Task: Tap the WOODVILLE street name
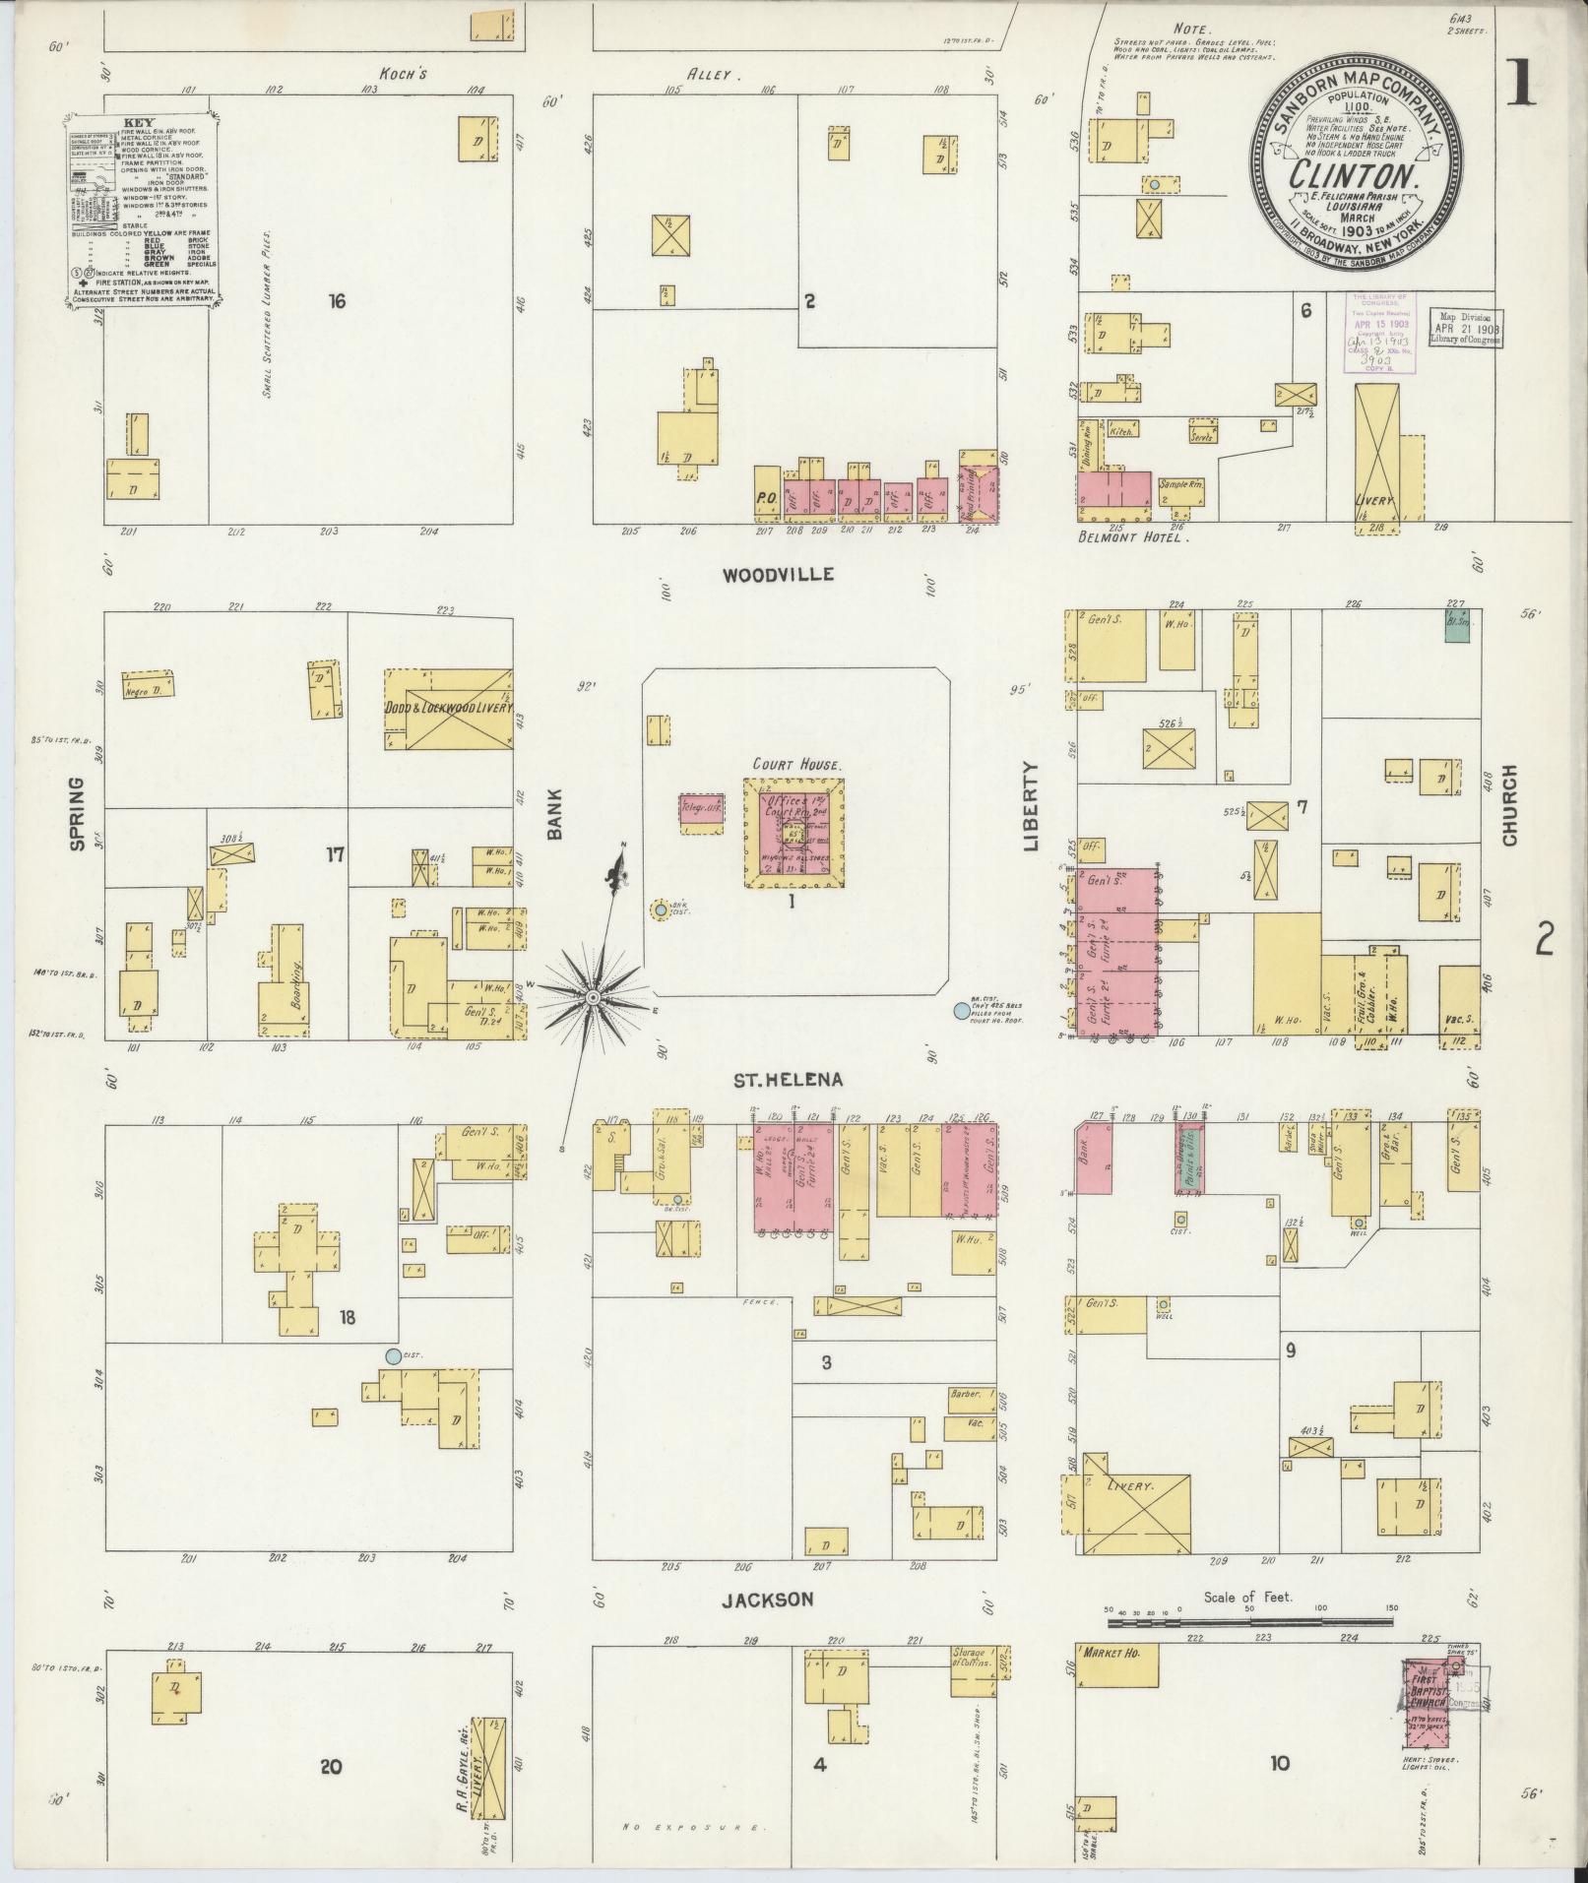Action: pyautogui.click(x=778, y=574)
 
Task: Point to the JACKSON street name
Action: pyautogui.click(x=768, y=1601)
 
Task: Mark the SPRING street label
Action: pyautogui.click(x=77, y=812)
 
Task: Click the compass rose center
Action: pyautogui.click(x=593, y=998)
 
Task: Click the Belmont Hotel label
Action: pyautogui.click(x=1133, y=538)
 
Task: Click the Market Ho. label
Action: pyautogui.click(x=1111, y=1656)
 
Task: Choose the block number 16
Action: pyautogui.click(x=337, y=302)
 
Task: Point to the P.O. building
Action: pyautogui.click(x=767, y=498)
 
